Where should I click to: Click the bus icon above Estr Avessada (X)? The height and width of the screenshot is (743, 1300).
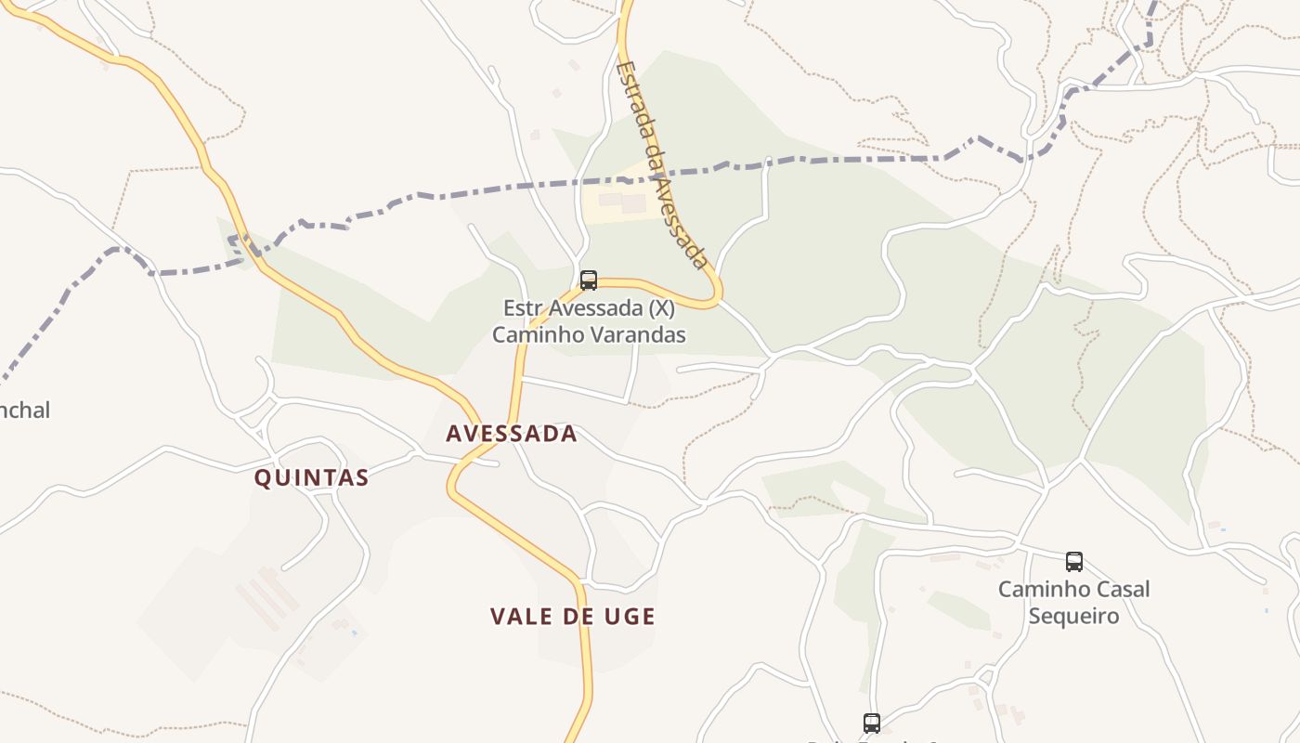pos(588,280)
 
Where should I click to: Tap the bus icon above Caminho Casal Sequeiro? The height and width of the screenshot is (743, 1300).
pos(1073,561)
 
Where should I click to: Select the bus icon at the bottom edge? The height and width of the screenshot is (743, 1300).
pos(871,723)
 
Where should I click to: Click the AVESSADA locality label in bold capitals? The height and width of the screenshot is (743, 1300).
pos(512,434)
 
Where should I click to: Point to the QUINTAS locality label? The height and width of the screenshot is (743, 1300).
pos(312,478)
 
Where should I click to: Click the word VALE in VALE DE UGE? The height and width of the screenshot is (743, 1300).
pos(523,617)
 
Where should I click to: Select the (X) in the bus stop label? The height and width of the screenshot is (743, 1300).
pos(660,308)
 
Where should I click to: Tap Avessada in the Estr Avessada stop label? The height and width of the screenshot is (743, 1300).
pos(595,308)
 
